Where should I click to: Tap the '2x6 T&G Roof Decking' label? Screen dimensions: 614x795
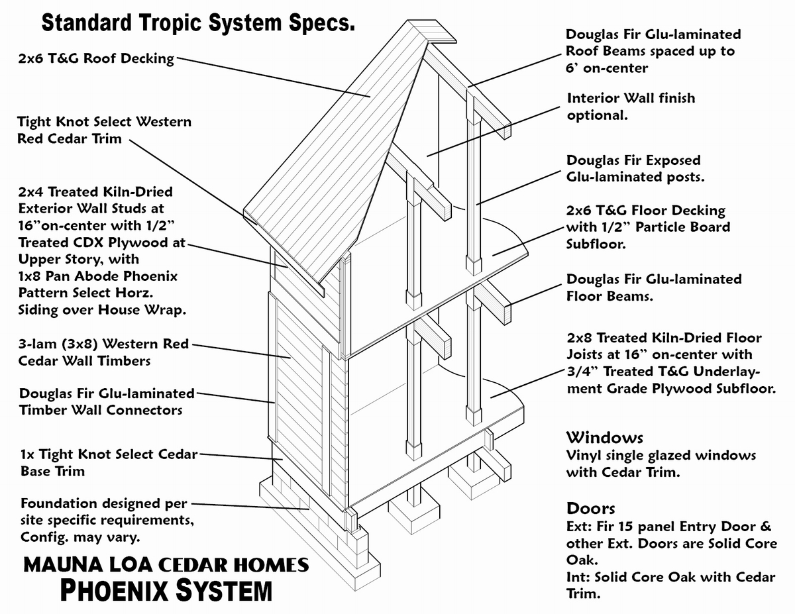point(97,58)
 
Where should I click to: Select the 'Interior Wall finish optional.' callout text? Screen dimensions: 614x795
point(631,106)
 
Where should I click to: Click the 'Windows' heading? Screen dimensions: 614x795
point(604,438)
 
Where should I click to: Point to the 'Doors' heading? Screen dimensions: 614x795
point(590,509)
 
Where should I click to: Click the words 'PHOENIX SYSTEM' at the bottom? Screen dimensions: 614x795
point(166,590)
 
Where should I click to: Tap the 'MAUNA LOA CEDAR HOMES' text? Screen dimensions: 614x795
point(166,565)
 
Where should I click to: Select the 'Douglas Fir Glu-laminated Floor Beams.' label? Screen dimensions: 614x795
point(653,287)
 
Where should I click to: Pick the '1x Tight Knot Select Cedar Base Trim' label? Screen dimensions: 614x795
point(109,462)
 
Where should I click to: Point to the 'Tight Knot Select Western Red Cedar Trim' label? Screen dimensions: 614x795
point(104,130)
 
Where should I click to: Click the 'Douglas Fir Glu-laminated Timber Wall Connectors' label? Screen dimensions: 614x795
point(107,401)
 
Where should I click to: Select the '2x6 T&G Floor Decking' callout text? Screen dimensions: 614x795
point(646,211)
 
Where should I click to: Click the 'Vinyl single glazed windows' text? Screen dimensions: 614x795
point(661,456)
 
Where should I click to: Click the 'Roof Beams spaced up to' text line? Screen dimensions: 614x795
point(650,51)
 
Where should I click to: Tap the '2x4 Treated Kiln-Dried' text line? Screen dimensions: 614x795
point(95,192)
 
